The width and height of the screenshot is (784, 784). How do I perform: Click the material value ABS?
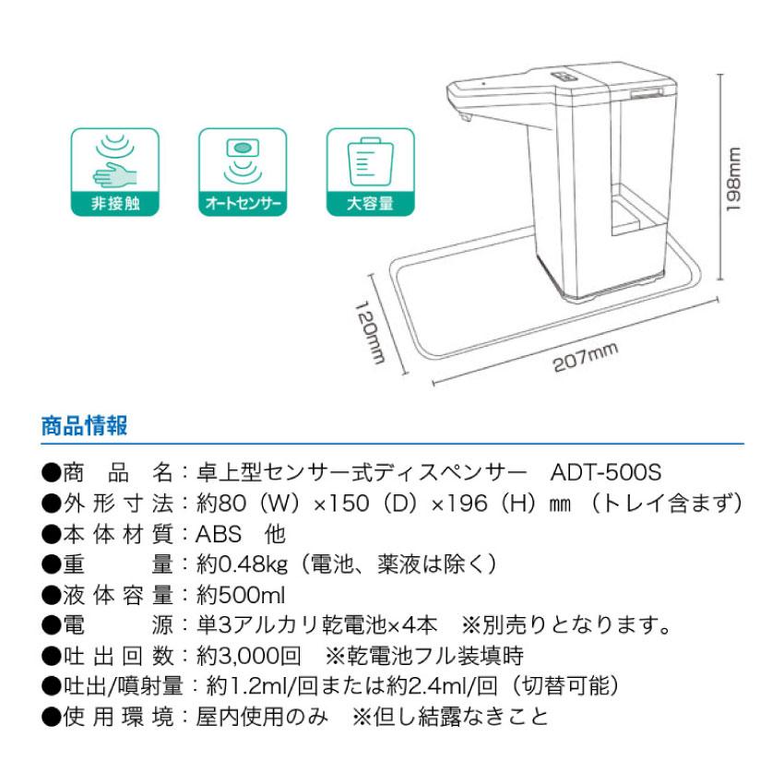[x=218, y=533]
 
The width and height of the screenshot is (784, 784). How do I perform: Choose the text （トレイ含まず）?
[x=667, y=504]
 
